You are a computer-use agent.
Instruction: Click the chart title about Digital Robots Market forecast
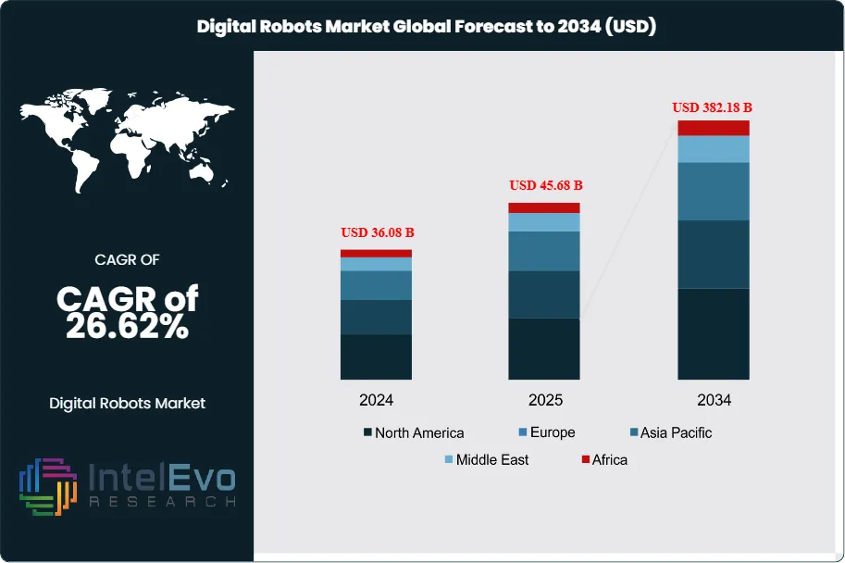point(427,26)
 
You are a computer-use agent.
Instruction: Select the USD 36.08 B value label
point(377,231)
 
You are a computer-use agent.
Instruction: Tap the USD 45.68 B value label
point(546,185)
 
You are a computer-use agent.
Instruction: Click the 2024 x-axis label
point(377,400)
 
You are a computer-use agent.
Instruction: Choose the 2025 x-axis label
point(545,400)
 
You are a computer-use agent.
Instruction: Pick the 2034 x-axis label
point(714,400)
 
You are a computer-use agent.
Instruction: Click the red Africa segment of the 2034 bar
point(714,128)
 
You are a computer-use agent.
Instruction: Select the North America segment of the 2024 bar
point(377,357)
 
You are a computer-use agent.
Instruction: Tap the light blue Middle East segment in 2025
point(544,222)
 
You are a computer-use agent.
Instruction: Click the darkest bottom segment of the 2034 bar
point(714,333)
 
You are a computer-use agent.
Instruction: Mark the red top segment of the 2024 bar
point(377,253)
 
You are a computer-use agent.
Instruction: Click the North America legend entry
point(414,432)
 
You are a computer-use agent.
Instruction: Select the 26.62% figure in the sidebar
point(127,326)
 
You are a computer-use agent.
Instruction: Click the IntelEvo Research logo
point(127,486)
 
